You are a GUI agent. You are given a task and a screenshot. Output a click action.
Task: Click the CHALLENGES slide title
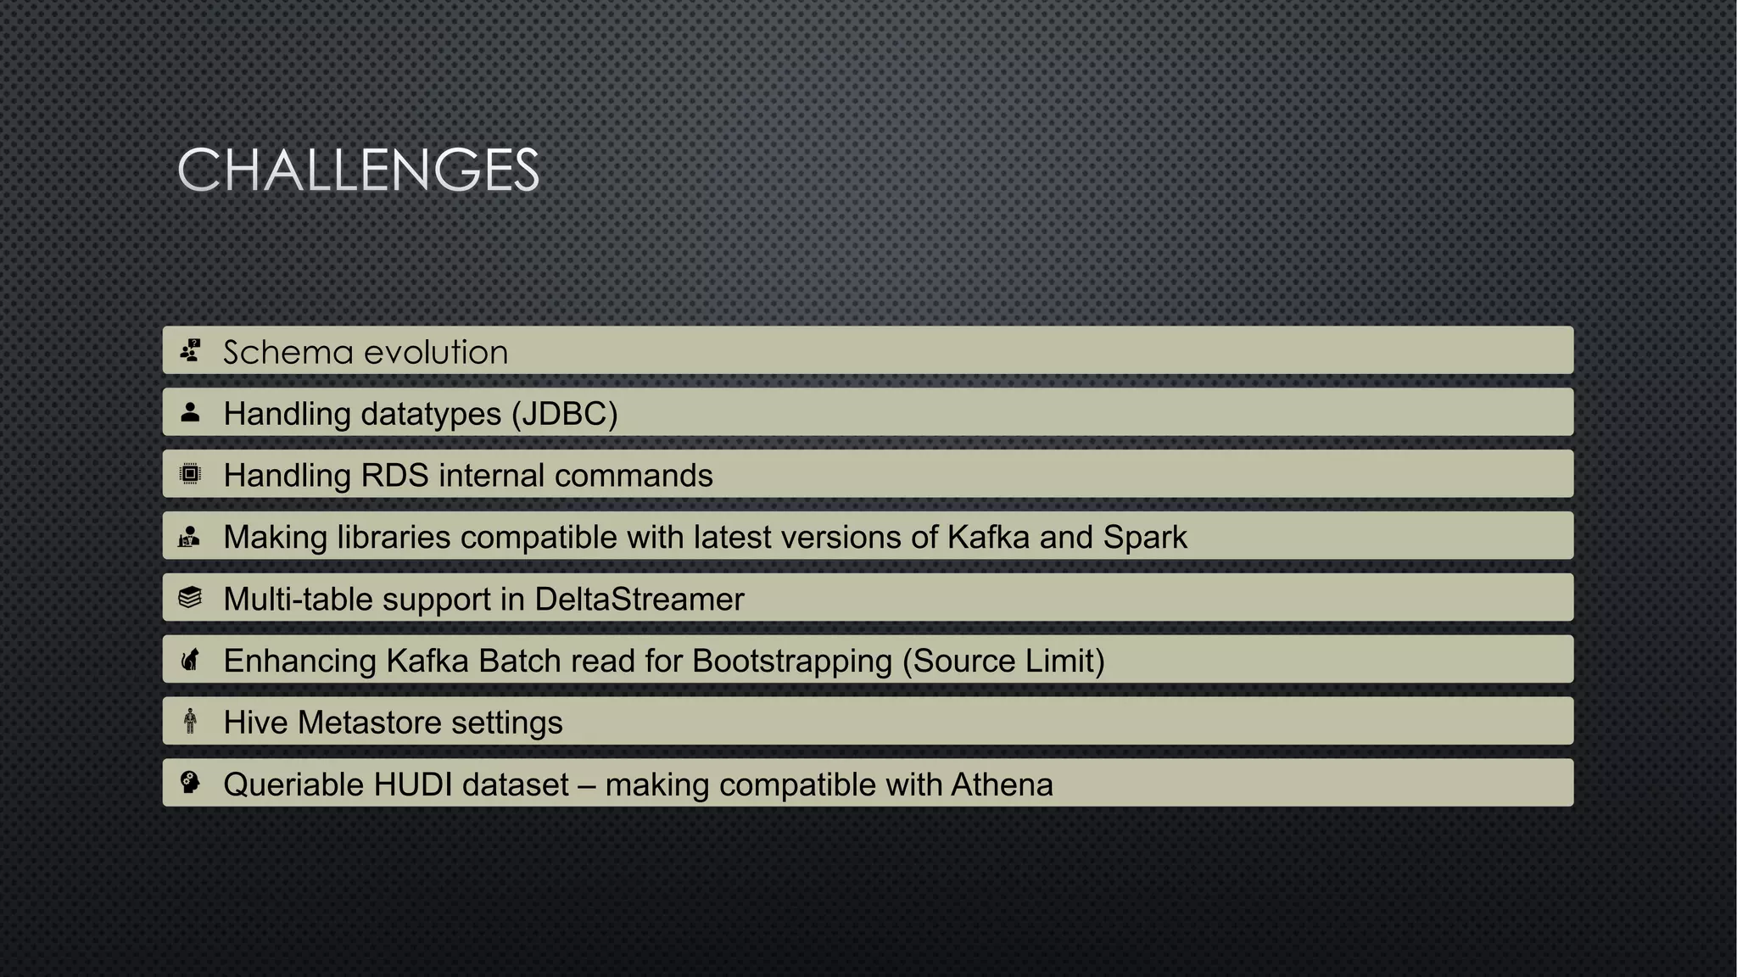point(358,170)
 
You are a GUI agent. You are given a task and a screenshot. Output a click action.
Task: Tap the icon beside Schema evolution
point(191,350)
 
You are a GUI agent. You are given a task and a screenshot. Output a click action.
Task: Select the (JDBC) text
point(564,414)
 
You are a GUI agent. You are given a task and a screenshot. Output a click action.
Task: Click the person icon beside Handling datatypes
point(191,413)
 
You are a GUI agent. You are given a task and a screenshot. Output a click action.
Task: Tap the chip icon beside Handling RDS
point(191,474)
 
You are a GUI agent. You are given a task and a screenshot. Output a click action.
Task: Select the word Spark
point(1145,538)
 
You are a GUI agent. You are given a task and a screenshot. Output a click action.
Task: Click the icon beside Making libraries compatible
point(190,537)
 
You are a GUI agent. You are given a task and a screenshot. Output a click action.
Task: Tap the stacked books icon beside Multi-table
point(191,598)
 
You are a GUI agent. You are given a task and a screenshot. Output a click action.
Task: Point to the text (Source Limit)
point(1003,662)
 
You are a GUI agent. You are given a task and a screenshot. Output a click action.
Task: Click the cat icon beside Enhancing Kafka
point(191,660)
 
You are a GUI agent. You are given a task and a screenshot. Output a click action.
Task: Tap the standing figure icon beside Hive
point(191,722)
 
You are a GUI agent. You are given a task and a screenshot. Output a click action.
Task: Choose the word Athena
point(1002,785)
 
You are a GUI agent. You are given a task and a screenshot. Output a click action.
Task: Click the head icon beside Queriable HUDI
point(191,783)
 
